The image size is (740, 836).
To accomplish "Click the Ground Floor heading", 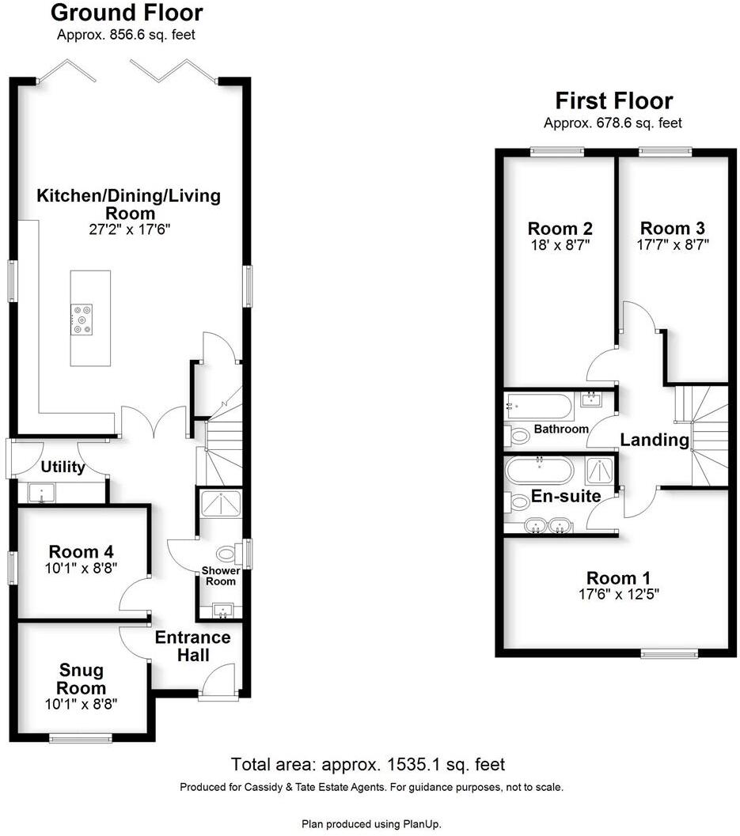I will (x=127, y=13).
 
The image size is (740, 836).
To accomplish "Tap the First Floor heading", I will (x=613, y=101).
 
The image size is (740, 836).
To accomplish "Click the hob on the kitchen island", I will (x=82, y=318).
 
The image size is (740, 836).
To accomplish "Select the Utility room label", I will (x=63, y=467).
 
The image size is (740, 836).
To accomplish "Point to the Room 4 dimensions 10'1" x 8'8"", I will (x=83, y=568).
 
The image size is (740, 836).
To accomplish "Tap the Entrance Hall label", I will (x=192, y=646).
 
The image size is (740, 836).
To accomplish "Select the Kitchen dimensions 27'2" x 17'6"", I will (x=129, y=230).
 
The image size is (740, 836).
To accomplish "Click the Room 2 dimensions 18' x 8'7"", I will (x=560, y=245).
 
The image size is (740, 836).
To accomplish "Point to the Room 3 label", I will (x=673, y=228).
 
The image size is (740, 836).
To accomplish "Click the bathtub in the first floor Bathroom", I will (x=540, y=408).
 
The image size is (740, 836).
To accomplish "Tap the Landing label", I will (x=655, y=441).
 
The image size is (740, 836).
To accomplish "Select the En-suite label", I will (x=566, y=497).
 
